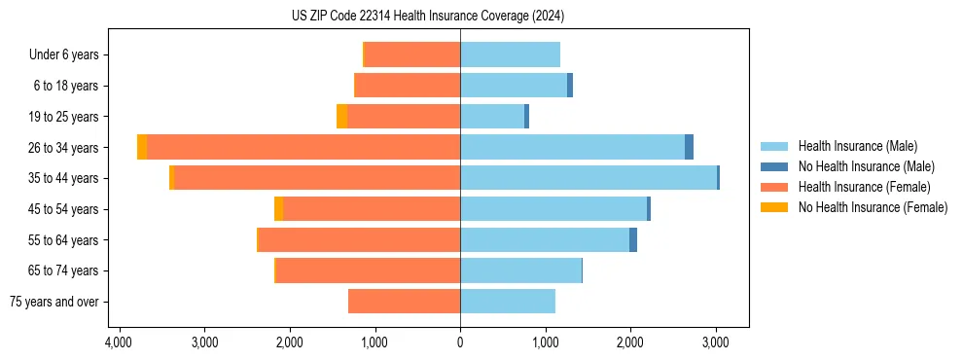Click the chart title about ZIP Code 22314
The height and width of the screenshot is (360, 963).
point(427,17)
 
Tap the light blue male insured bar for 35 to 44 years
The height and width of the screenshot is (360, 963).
point(588,178)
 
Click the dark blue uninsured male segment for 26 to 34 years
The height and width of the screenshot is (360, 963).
point(689,147)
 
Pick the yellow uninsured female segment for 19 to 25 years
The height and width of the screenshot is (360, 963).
point(341,117)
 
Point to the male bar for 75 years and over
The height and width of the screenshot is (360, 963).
point(508,302)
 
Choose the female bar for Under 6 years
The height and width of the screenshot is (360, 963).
point(412,54)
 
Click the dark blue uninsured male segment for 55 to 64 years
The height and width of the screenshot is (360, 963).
point(633,239)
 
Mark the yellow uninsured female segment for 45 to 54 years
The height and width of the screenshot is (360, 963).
point(279,209)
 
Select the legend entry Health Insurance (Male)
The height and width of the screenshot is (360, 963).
point(857,146)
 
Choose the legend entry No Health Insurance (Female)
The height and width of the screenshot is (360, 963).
point(873,207)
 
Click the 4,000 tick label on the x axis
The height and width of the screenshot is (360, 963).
point(119,343)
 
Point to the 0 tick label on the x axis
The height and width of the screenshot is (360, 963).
point(460,343)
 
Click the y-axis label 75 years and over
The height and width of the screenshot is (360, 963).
point(54,302)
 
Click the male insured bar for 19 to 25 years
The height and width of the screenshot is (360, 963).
point(492,117)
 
